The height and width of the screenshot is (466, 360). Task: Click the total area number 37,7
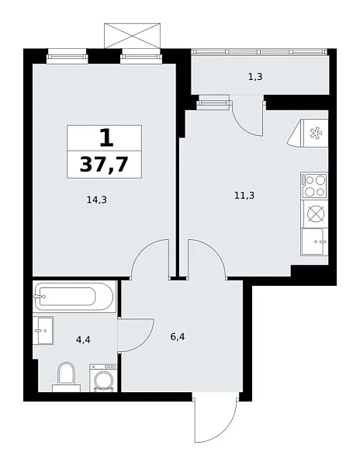pyautogui.click(x=105, y=164)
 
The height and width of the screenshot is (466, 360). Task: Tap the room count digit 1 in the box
pyautogui.click(x=105, y=137)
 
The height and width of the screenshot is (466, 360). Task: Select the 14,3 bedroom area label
pyautogui.click(x=97, y=200)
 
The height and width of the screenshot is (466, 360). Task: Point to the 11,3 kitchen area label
pyautogui.click(x=244, y=195)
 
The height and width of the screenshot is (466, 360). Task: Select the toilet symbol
pyautogui.click(x=66, y=377)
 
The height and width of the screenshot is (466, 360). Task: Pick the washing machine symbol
pyautogui.click(x=102, y=377)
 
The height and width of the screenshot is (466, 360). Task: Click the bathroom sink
pyautogui.click(x=43, y=327)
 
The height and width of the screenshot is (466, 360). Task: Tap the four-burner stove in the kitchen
pyautogui.click(x=314, y=186)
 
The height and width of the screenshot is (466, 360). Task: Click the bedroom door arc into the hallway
pyautogui.click(x=150, y=260)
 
